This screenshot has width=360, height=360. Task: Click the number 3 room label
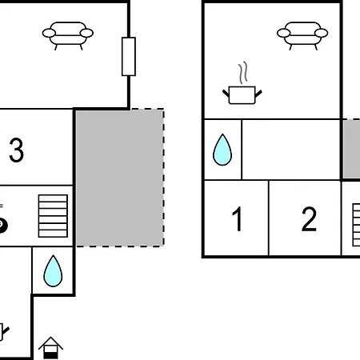16,150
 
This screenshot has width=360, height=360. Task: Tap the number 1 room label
238,219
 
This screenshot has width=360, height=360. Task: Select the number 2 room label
309,219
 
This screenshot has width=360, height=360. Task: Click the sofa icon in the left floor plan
68,36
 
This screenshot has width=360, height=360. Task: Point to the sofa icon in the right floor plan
302,36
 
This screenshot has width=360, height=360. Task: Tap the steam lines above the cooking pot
243,73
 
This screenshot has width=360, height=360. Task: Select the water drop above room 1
222,150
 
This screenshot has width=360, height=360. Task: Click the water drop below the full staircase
53,271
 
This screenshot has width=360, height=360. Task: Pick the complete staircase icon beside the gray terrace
53,216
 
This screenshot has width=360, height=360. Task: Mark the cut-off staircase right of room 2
356,225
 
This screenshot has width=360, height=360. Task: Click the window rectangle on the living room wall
129,57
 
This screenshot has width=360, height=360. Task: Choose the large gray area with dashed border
120,178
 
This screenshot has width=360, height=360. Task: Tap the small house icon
50,348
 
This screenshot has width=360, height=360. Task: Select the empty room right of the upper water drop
291,150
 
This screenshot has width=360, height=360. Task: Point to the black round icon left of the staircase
2,226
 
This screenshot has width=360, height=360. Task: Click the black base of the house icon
50,355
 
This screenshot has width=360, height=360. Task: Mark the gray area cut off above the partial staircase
351,149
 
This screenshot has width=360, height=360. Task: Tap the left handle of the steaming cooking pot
226,93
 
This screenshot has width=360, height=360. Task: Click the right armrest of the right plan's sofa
321,33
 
